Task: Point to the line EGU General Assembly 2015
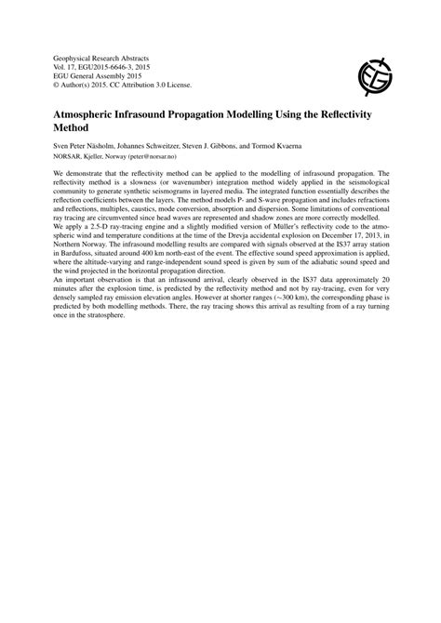point(97,75)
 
